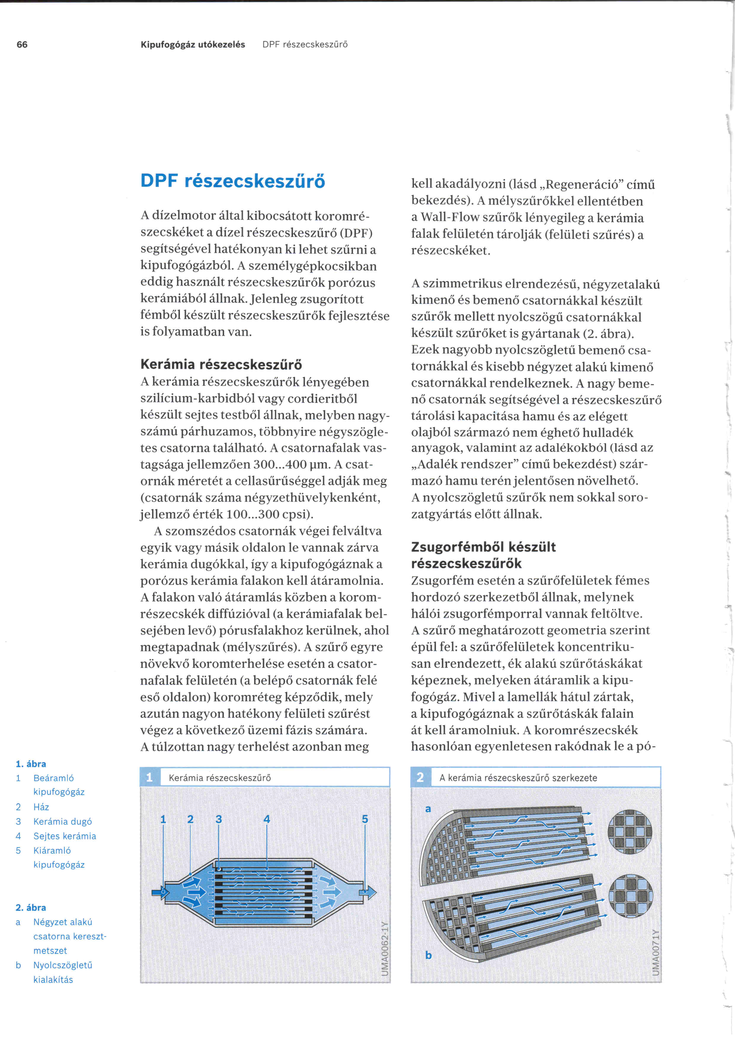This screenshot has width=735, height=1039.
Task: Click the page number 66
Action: coord(22,44)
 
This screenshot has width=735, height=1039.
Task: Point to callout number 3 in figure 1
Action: coord(219,819)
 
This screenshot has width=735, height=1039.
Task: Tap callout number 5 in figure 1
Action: coord(365,819)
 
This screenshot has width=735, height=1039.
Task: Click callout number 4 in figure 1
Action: coord(266,819)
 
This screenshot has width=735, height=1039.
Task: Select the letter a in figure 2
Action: coord(428,809)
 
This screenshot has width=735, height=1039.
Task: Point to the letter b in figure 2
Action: coord(428,955)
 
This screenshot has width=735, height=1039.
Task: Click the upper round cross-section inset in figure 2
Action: coord(629,831)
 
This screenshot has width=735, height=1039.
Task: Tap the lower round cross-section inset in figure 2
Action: coord(630,896)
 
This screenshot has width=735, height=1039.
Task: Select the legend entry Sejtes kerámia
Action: coord(65,836)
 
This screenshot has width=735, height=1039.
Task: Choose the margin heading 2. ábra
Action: coord(31,907)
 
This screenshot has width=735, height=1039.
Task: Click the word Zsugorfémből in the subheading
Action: coord(457,547)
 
